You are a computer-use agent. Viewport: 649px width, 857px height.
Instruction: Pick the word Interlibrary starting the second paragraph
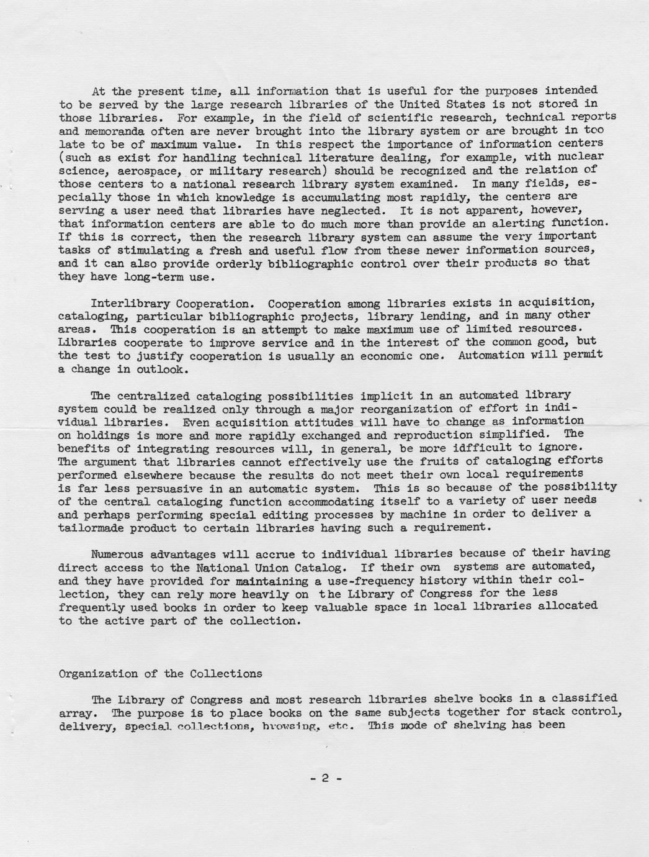130,304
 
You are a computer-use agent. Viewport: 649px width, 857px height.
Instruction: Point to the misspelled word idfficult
463,448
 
